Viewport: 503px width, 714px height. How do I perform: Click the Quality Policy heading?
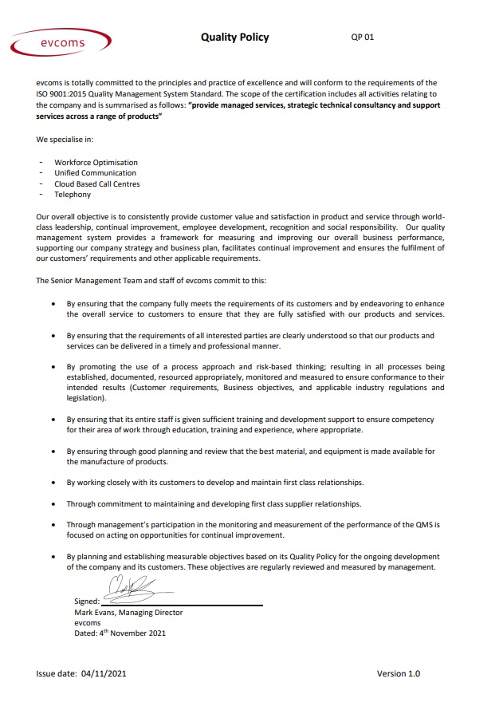[x=234, y=37]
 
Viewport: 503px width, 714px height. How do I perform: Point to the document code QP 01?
[x=362, y=37]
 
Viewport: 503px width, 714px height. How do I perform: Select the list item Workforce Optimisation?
[x=96, y=162]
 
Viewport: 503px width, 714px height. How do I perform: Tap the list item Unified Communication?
[x=95, y=173]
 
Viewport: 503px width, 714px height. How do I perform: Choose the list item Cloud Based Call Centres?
[x=96, y=183]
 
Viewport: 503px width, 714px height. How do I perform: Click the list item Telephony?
[x=73, y=195]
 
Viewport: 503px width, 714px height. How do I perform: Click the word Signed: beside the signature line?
[x=86, y=602]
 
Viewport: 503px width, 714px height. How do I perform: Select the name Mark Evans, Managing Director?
[x=128, y=613]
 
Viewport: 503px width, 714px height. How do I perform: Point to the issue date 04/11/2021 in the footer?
[x=104, y=674]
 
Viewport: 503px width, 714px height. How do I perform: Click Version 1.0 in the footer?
[x=398, y=674]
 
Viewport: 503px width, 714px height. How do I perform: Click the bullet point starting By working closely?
[x=214, y=483]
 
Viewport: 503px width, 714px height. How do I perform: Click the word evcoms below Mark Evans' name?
[x=86, y=623]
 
